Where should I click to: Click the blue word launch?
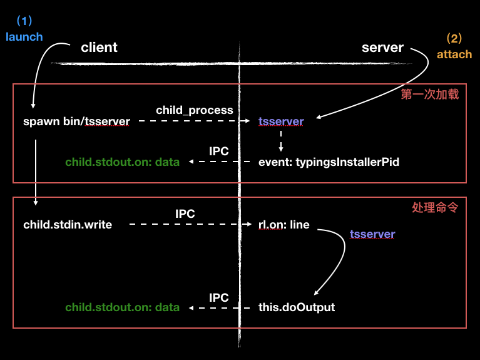pos(24,36)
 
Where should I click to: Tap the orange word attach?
pos(454,54)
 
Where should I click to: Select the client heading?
pos(99,48)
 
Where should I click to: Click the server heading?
pos(382,48)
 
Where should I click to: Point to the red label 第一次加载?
pos(429,95)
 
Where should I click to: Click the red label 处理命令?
pos(434,207)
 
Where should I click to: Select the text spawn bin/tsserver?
pos(76,121)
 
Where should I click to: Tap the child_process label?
pos(194,110)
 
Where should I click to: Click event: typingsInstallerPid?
pos(329,162)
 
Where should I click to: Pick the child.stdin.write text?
pos(68,224)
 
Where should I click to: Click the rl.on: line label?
pos(283,224)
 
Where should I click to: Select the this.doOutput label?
pos(296,307)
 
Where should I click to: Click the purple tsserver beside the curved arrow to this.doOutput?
pos(372,234)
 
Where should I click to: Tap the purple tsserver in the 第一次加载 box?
pos(281,121)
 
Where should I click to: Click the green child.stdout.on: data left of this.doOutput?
pos(122,307)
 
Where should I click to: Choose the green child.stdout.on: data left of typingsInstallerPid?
pos(122,162)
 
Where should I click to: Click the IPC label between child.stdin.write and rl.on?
pos(185,213)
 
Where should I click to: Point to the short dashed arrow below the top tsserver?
pos(281,141)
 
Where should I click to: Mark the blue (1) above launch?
pos(24,21)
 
